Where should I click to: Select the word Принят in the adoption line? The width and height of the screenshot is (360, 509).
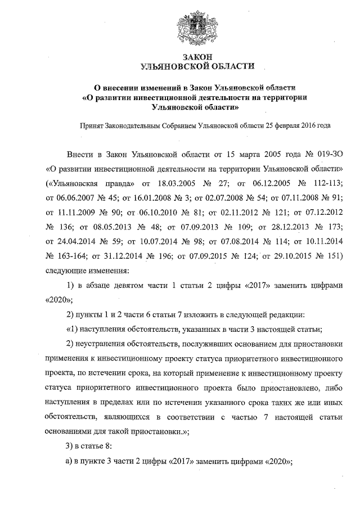click(x=93, y=125)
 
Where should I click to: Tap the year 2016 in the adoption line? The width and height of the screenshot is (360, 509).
click(x=307, y=125)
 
